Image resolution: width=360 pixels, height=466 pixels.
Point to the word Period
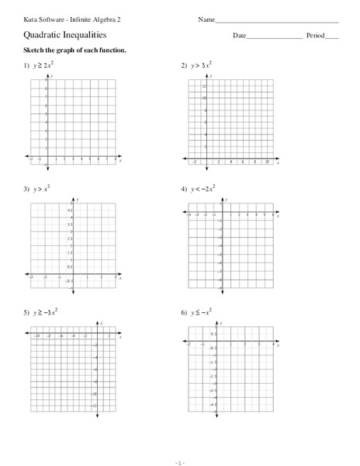315,36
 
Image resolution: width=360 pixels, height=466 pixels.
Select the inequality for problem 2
200,67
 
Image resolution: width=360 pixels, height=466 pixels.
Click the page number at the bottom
180,460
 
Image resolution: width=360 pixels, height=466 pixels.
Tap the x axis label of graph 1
121,159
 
